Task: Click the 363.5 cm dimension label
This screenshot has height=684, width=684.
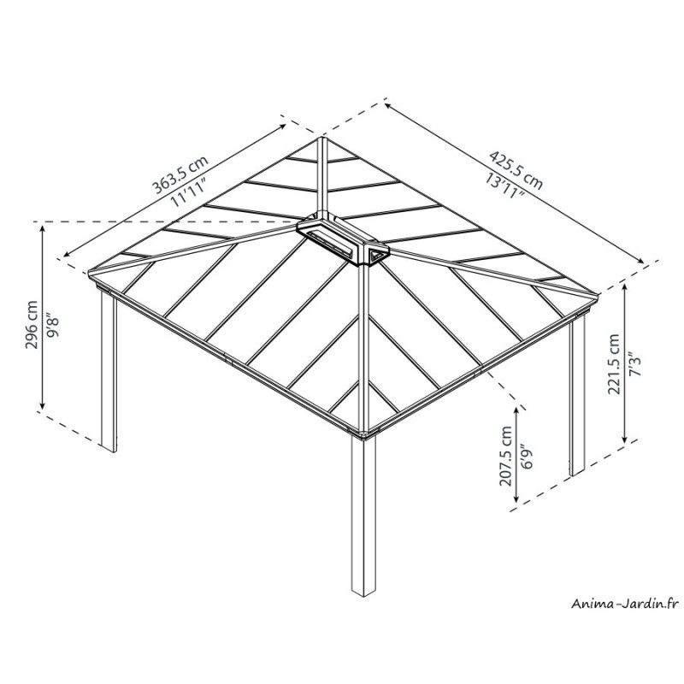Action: pos(180,174)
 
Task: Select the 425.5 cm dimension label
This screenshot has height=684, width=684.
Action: pos(516,170)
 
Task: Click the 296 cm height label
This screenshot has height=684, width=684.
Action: pos(32,324)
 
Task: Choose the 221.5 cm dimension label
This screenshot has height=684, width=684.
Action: pos(614,364)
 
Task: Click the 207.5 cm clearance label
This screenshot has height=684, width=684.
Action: pos(506,456)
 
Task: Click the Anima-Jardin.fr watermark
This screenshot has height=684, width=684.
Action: pos(625,604)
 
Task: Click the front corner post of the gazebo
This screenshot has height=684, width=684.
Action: pos(363,516)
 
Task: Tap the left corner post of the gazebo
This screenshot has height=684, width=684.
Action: pos(109,371)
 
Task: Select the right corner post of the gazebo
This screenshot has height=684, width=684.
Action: pos(577,396)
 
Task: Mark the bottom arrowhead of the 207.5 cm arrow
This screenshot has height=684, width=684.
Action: pos(517,500)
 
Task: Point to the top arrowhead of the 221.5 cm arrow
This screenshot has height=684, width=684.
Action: pos(625,286)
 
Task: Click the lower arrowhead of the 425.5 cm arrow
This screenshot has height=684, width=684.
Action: pos(643,262)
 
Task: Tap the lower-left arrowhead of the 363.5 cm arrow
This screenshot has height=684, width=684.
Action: pos(66,256)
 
